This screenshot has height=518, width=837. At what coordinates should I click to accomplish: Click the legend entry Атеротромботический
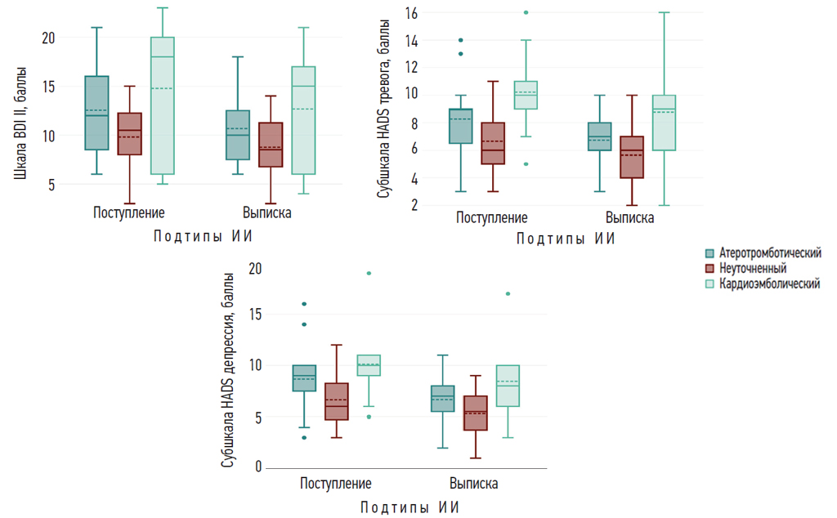pyautogui.click(x=769, y=253)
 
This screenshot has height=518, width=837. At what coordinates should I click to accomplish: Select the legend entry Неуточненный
pyautogui.click(x=752, y=268)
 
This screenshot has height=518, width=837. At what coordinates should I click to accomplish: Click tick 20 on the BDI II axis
pyautogui.click(x=48, y=38)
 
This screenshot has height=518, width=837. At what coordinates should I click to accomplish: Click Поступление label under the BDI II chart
pyautogui.click(x=128, y=212)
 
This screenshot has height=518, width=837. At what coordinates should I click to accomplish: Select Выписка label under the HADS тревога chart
pyautogui.click(x=629, y=218)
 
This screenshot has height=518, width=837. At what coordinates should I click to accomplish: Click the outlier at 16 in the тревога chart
pyautogui.click(x=526, y=12)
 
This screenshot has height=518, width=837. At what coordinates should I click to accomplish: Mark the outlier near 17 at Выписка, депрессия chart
pyautogui.click(x=508, y=293)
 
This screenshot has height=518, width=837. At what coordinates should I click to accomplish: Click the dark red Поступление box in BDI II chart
pyautogui.click(x=129, y=133)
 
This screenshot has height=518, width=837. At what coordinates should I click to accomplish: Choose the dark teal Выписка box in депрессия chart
pyautogui.click(x=443, y=399)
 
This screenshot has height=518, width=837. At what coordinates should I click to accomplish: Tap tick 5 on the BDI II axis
pyautogui.click(x=51, y=185)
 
